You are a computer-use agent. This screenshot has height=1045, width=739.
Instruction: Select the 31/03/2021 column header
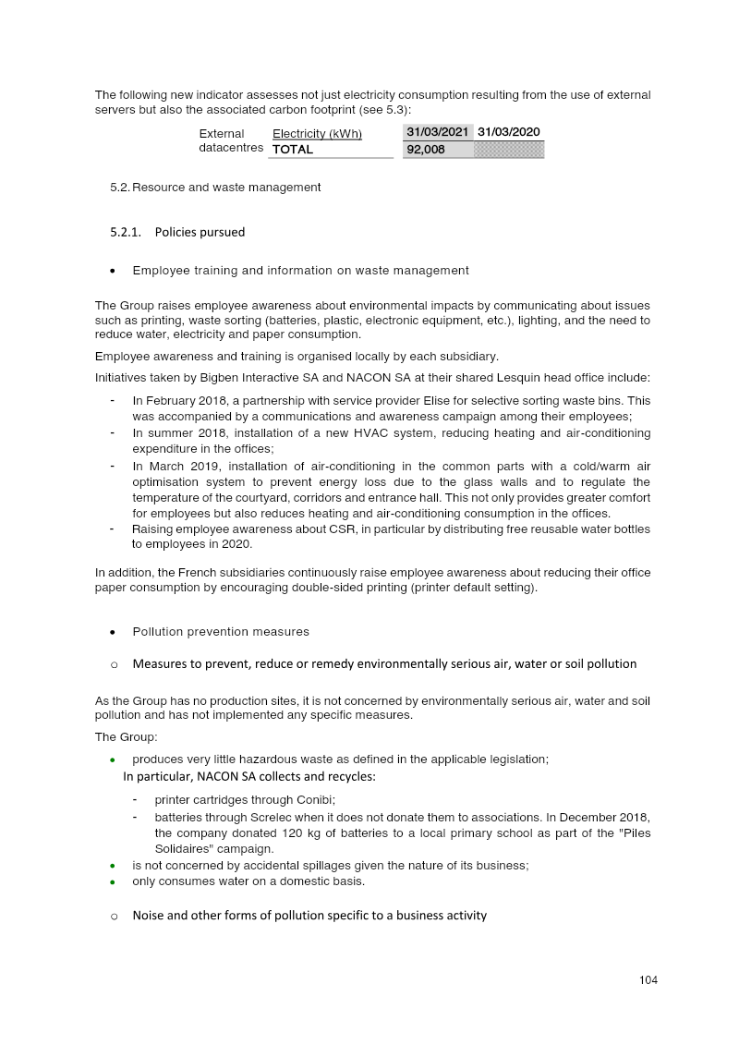(x=439, y=133)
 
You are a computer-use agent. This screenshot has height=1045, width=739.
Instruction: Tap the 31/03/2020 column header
(x=508, y=133)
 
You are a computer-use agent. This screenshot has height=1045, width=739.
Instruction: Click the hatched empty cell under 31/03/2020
(x=508, y=150)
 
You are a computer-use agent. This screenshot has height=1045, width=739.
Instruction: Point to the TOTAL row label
(x=293, y=150)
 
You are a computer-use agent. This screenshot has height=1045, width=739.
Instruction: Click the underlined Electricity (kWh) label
(x=317, y=134)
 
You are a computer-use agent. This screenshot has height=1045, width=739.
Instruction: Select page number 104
(x=648, y=980)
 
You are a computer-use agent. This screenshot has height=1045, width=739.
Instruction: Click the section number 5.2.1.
(x=125, y=232)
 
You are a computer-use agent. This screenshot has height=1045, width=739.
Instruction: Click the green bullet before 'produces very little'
(x=113, y=759)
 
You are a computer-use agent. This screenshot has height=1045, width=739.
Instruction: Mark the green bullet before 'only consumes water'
(x=113, y=881)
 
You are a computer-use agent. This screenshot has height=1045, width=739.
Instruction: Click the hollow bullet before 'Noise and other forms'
(x=114, y=917)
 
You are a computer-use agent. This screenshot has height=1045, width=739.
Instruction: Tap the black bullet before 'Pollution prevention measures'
(x=113, y=633)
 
